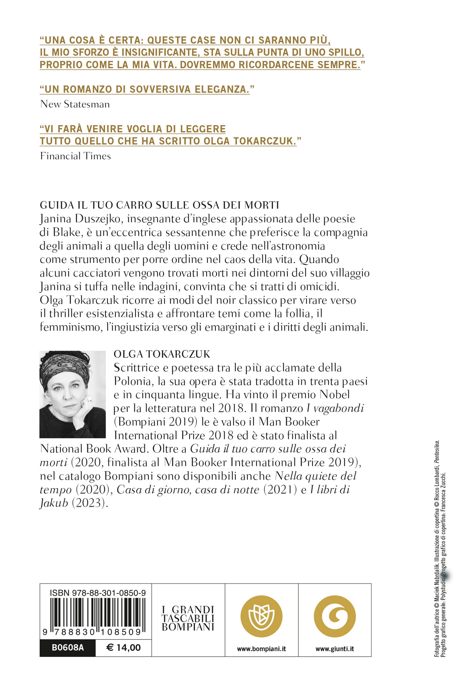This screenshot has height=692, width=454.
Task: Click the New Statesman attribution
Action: (x=75, y=104)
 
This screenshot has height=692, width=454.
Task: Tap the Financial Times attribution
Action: (x=75, y=156)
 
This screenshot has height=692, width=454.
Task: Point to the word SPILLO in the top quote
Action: (x=346, y=52)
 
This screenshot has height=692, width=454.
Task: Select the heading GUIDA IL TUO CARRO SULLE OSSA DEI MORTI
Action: (x=159, y=205)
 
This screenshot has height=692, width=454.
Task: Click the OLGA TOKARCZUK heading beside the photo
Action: (x=162, y=354)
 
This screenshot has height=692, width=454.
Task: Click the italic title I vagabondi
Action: (x=335, y=408)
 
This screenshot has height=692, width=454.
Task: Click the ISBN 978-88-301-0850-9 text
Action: (x=97, y=593)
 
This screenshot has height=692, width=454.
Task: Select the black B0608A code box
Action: (x=68, y=648)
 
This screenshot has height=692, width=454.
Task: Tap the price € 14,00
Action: (x=123, y=648)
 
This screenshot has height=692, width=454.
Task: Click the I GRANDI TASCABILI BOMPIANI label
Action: (x=188, y=618)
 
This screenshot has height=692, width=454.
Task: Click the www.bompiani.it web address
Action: (x=261, y=649)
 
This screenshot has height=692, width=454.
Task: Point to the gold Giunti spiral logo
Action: (x=335, y=616)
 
